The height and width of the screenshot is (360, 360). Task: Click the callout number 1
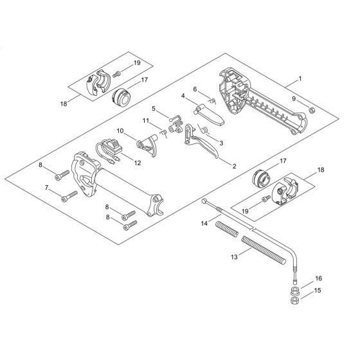(300, 79)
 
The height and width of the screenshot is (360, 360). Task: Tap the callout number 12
(138, 163)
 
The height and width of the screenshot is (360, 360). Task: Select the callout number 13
(234, 257)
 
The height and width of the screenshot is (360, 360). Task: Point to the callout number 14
(204, 223)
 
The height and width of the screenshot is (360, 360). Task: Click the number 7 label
(46, 188)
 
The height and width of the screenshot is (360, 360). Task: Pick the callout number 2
(234, 166)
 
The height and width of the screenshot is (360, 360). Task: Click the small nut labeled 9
(312, 111)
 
